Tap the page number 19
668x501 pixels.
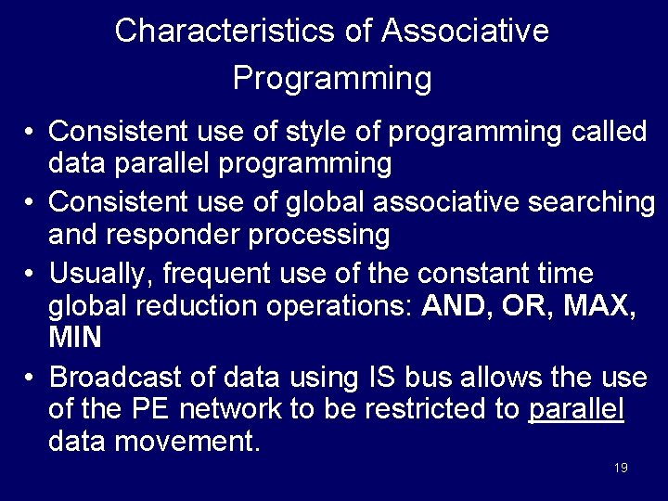pos(621,468)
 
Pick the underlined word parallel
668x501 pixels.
pos(576,410)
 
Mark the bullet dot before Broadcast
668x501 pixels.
pos(31,379)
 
